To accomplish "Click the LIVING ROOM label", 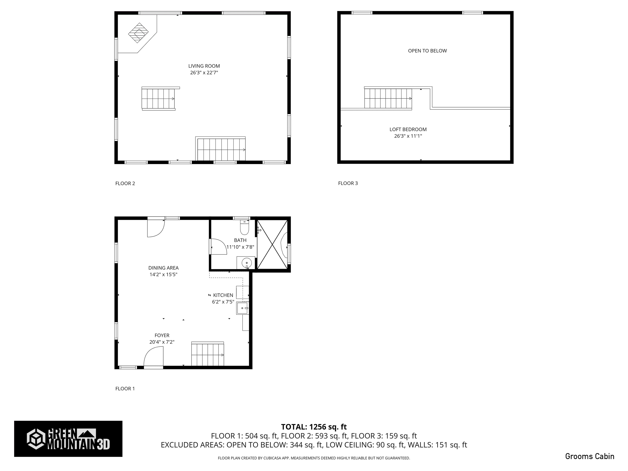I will pyautogui.click(x=204, y=66).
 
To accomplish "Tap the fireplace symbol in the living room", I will pyautogui.click(x=138, y=33).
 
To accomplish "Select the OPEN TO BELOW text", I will pyautogui.click(x=427, y=51).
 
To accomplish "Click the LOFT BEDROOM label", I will pyautogui.click(x=408, y=129).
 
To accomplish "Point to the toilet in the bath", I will pyautogui.click(x=244, y=227).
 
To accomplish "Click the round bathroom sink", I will pyautogui.click(x=246, y=263).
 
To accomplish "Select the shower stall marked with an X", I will pyautogui.click(x=272, y=244).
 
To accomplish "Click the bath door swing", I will pyautogui.click(x=218, y=247).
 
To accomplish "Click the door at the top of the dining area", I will pyautogui.click(x=155, y=228).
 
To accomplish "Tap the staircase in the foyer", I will pyautogui.click(x=207, y=355).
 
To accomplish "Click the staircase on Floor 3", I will pyautogui.click(x=388, y=98).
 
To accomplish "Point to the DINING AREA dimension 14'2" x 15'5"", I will pyautogui.click(x=163, y=275).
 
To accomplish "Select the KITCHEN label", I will pyautogui.click(x=223, y=295).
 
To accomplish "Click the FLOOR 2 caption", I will pyautogui.click(x=125, y=183).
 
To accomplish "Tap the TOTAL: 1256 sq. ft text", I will pyautogui.click(x=314, y=427).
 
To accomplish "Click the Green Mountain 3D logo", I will pyautogui.click(x=68, y=439).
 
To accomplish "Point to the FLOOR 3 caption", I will pyautogui.click(x=348, y=183).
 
